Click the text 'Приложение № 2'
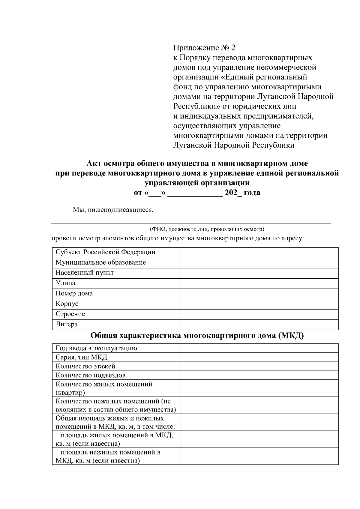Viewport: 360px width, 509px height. click(x=205, y=48)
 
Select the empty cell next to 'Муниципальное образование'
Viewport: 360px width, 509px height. click(x=259, y=263)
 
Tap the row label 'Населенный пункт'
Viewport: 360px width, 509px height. click(x=85, y=273)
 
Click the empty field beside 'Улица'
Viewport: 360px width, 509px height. click(x=259, y=283)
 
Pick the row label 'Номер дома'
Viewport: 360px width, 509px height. click(x=74, y=294)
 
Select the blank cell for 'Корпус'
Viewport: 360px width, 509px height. click(x=259, y=304)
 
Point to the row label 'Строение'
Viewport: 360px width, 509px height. click(x=70, y=314)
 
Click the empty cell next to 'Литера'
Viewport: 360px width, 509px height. click(x=259, y=325)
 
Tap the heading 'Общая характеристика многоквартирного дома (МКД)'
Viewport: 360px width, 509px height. click(x=197, y=336)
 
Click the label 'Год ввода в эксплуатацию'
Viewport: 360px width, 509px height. click(x=96, y=348)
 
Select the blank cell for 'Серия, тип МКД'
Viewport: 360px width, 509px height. click(x=259, y=357)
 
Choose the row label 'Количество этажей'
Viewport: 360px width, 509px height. click(x=85, y=366)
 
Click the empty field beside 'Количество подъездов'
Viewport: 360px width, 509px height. click(x=259, y=375)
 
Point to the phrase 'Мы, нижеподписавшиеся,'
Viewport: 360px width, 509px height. click(x=113, y=210)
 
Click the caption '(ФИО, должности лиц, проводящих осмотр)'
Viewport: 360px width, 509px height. click(x=207, y=229)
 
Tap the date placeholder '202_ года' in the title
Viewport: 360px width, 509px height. click(x=242, y=193)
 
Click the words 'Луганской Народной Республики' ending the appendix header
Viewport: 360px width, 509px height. click(x=234, y=145)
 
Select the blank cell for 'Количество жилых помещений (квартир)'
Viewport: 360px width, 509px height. click(x=259, y=388)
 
